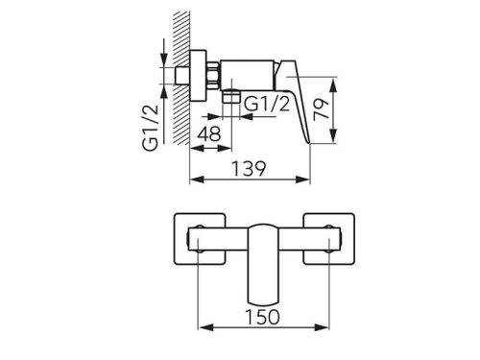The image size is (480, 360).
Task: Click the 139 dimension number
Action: [x=249, y=169]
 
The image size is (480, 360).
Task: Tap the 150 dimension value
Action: [x=262, y=317]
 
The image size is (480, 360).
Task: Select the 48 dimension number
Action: [x=208, y=133]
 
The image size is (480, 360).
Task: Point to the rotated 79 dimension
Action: [x=321, y=109]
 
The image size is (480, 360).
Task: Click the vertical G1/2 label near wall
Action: [x=151, y=128]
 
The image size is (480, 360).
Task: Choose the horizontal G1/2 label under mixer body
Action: [x=267, y=104]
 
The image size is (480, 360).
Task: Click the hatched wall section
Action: [x=181, y=78]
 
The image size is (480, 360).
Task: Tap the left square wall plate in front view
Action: [x=200, y=239]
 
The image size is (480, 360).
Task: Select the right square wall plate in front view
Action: [x=329, y=239]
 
